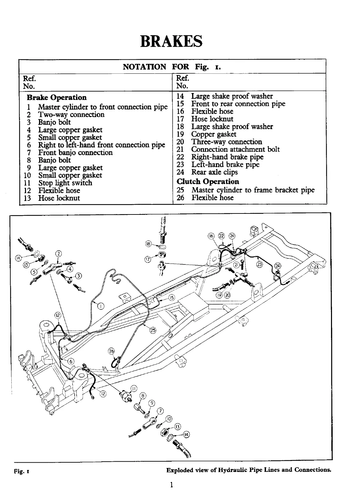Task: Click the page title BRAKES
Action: click(x=171, y=42)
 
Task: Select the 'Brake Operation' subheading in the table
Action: click(x=57, y=97)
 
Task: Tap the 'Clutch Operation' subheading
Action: click(x=208, y=181)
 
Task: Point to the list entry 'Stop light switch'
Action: click(x=65, y=183)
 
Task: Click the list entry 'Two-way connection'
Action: click(x=71, y=114)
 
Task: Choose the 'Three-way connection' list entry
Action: click(x=226, y=142)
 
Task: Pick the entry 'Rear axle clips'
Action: click(x=214, y=172)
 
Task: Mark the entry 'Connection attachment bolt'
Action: click(x=235, y=149)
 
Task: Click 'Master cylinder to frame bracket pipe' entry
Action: click(x=253, y=190)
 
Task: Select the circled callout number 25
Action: click(x=153, y=331)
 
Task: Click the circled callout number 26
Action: click(x=111, y=351)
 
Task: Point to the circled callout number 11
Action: click(x=133, y=388)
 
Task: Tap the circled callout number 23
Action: click(x=260, y=265)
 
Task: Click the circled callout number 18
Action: click(x=148, y=243)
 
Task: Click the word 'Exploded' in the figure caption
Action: click(x=180, y=470)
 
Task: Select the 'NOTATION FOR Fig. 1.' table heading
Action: click(x=172, y=66)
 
